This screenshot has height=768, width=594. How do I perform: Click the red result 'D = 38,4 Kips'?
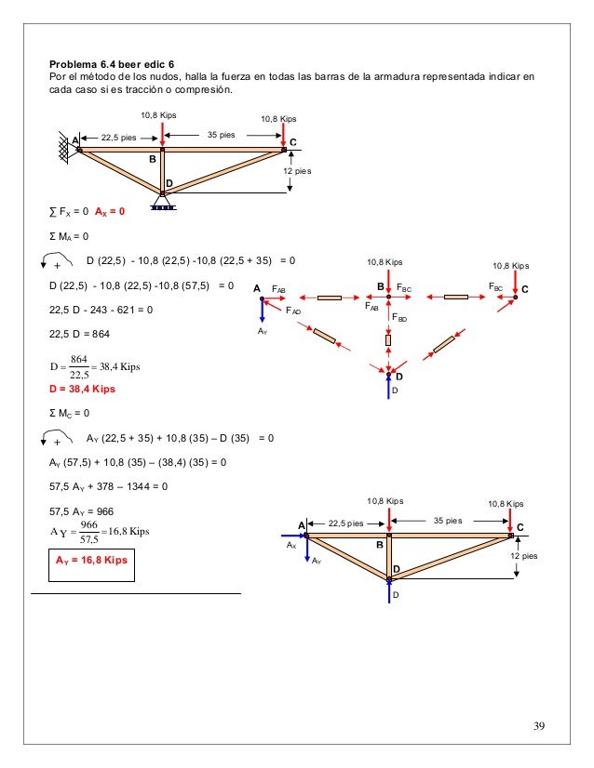click(x=86, y=390)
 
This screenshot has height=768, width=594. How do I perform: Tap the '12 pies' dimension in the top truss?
click(x=299, y=172)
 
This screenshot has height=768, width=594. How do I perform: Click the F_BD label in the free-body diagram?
click(x=398, y=318)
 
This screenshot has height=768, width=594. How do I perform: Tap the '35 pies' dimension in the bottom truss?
click(x=450, y=522)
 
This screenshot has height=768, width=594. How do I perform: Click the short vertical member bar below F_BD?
click(x=388, y=340)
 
